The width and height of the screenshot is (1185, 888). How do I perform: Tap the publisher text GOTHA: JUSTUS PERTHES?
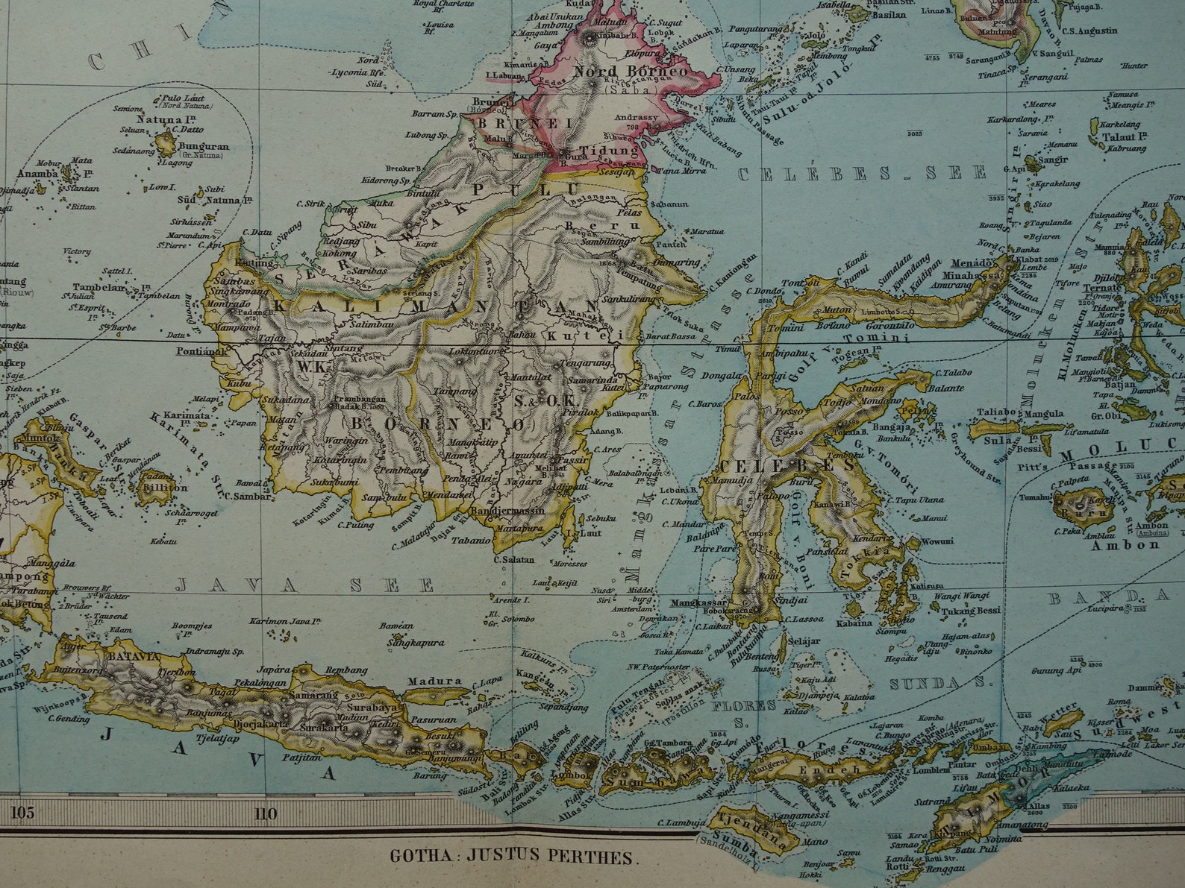(x=515, y=856)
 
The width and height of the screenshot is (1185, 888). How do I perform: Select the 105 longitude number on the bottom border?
(x=22, y=813)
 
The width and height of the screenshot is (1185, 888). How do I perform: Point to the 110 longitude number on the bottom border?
(x=266, y=813)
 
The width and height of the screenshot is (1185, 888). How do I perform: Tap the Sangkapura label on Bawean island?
(x=415, y=642)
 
